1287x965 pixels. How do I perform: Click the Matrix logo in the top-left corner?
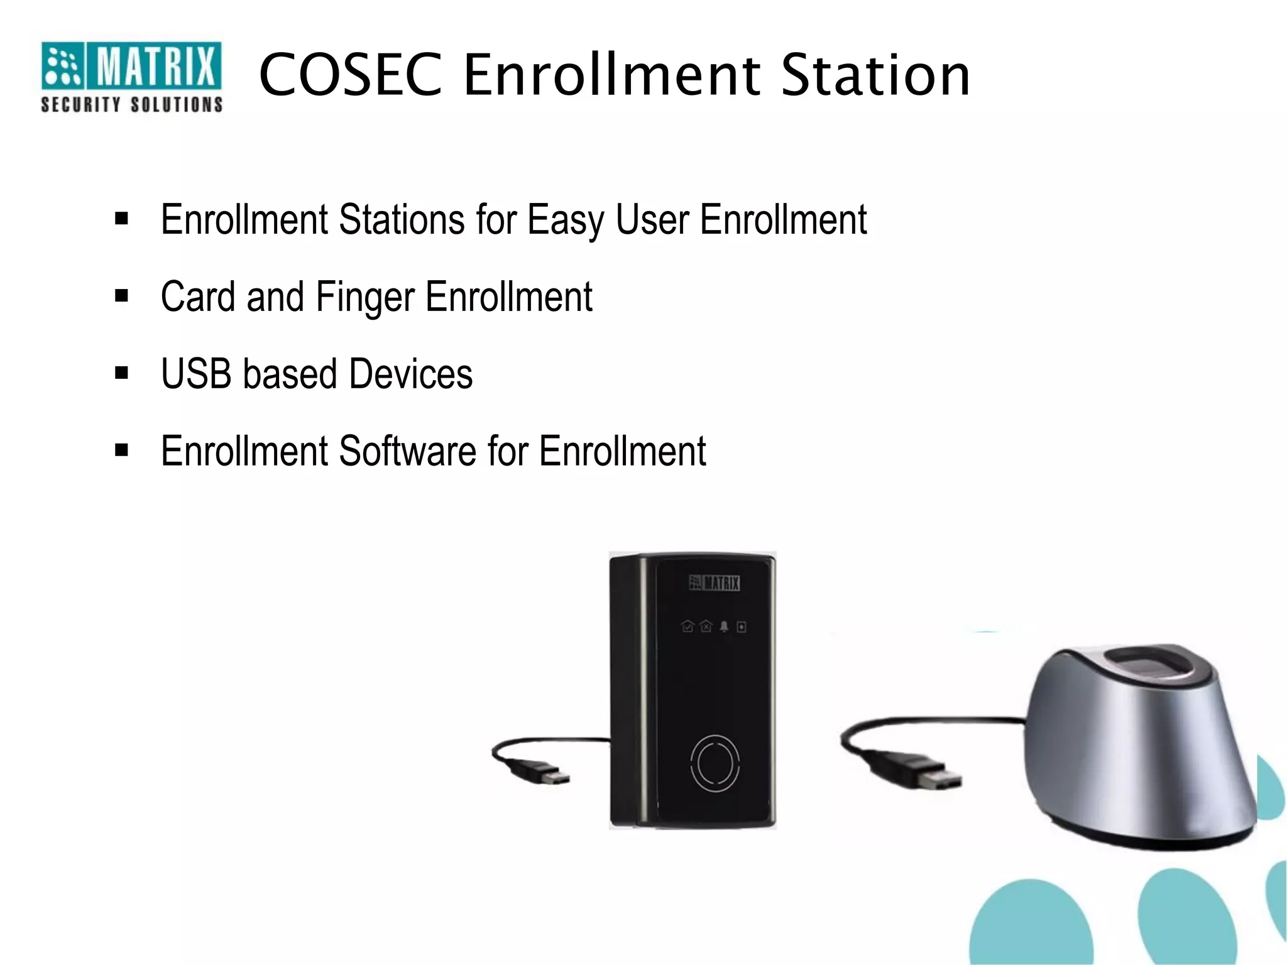coord(131,66)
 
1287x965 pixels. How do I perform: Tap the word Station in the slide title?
coord(875,75)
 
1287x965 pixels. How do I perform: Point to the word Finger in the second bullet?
coord(365,298)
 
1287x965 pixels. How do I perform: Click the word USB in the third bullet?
coord(196,374)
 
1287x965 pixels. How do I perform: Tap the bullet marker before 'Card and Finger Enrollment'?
coord(121,296)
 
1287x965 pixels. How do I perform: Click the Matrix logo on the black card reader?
coord(715,583)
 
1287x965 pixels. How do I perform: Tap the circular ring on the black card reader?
coord(715,763)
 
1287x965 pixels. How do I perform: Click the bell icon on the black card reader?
coord(724,626)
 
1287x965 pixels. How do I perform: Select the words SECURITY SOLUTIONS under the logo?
coord(131,104)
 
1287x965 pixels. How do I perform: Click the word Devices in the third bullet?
coord(410,374)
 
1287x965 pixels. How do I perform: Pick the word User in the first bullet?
coord(652,221)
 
